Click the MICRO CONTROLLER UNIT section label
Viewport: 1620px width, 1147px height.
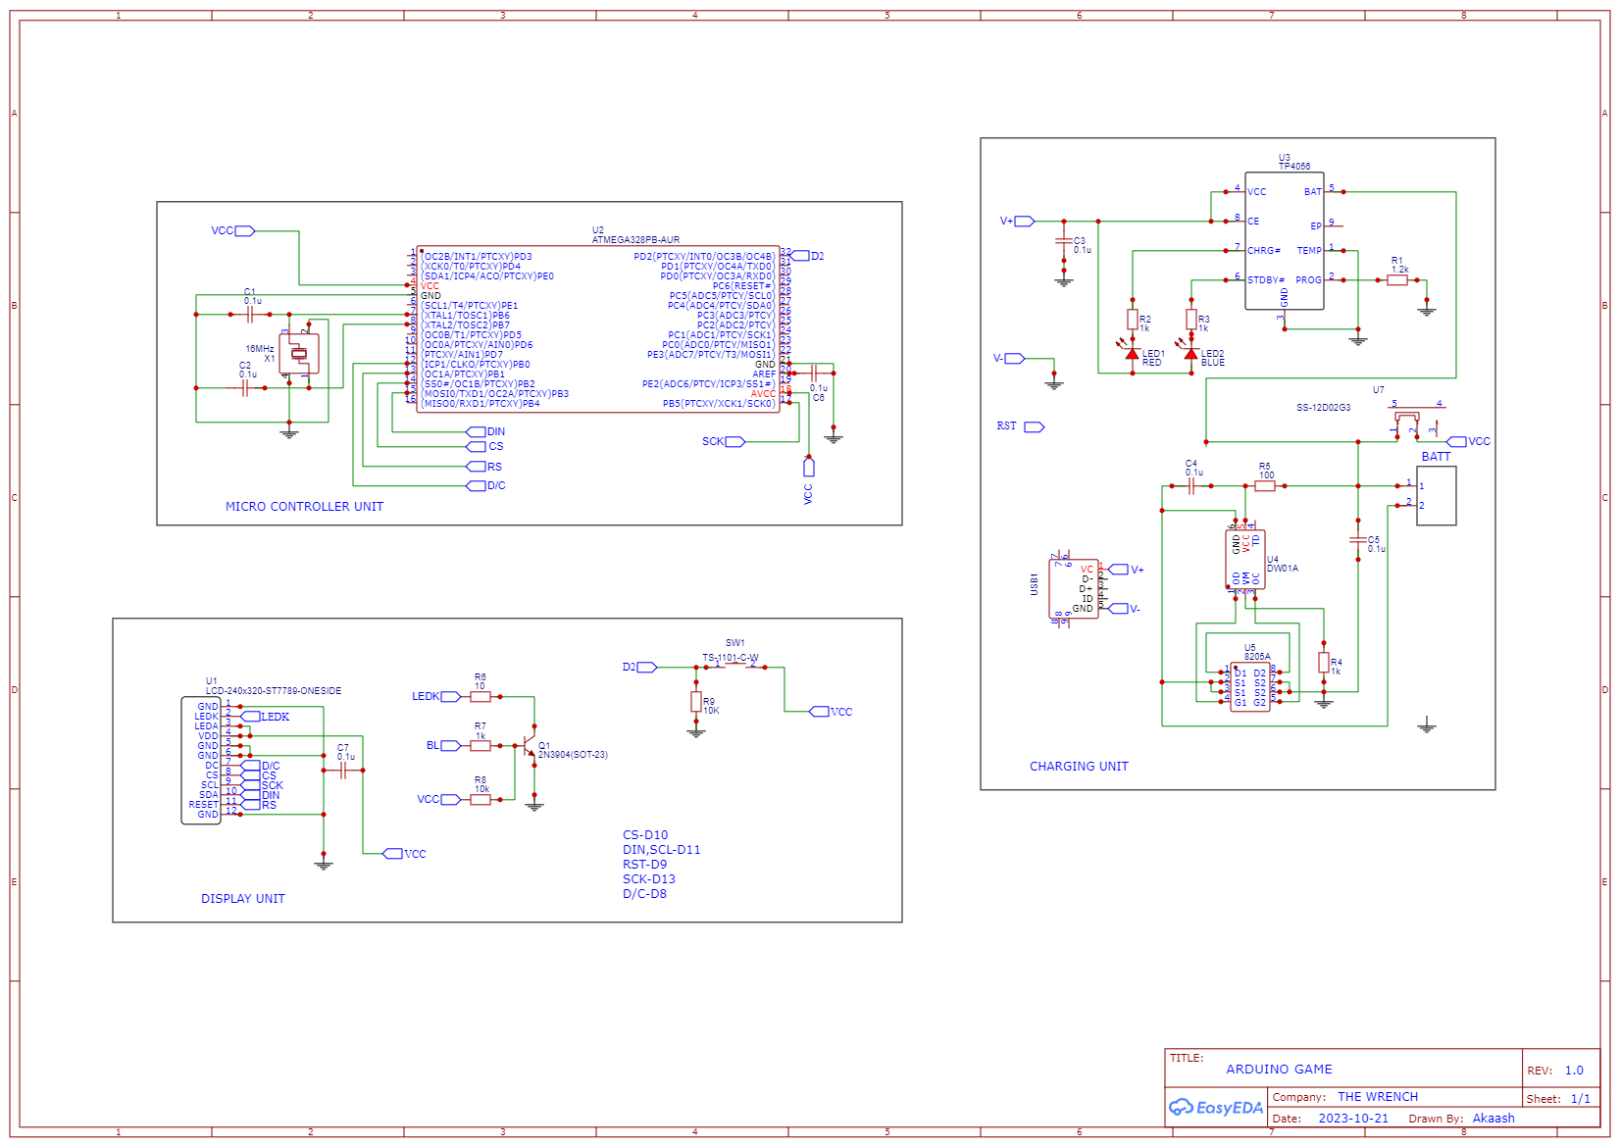[x=304, y=507]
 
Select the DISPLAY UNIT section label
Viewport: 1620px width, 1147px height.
[x=242, y=899]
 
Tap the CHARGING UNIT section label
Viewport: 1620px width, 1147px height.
[x=1079, y=767]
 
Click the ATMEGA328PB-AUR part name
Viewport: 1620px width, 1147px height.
[x=635, y=240]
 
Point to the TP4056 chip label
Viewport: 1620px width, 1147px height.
[x=1293, y=167]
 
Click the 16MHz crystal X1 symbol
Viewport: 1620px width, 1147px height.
[x=299, y=354]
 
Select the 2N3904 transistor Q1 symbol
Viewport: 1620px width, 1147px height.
[x=530, y=747]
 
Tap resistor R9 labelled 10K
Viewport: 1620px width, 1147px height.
[x=696, y=702]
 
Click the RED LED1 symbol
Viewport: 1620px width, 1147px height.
[x=1132, y=354]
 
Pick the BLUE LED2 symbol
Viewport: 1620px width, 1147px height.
[x=1190, y=354]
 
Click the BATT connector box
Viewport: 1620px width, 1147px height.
[x=1436, y=496]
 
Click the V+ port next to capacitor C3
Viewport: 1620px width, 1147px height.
[x=1024, y=222]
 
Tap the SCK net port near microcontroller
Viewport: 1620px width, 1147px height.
[x=734, y=442]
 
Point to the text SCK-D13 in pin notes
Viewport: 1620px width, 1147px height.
[x=648, y=879]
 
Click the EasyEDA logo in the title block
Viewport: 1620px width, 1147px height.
[x=1216, y=1108]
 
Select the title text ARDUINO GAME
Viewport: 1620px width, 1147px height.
[x=1279, y=1070]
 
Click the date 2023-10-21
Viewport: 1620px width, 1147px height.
[x=1353, y=1119]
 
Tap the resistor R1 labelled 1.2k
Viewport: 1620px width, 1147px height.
[x=1397, y=280]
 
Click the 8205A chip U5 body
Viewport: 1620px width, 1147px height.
[x=1249, y=687]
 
